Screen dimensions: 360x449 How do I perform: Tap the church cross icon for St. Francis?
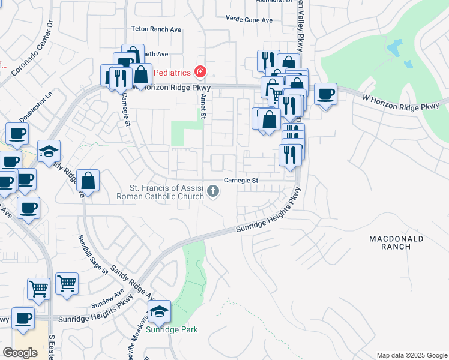point(212,192)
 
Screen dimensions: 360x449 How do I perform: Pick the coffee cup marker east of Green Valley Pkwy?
point(325,95)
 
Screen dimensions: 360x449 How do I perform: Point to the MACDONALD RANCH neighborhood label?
point(396,243)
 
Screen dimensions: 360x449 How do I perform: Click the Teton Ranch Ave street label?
point(156,29)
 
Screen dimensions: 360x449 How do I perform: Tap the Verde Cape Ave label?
point(249,20)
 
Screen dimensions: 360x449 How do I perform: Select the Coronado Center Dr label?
point(32,48)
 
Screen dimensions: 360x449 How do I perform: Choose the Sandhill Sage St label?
point(92,254)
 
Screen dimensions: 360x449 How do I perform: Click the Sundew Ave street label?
point(107,298)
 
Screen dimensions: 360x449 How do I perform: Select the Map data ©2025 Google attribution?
point(411,355)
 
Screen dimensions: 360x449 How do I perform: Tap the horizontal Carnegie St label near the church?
point(241,180)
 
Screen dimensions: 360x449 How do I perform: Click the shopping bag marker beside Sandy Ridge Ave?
point(88,181)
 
